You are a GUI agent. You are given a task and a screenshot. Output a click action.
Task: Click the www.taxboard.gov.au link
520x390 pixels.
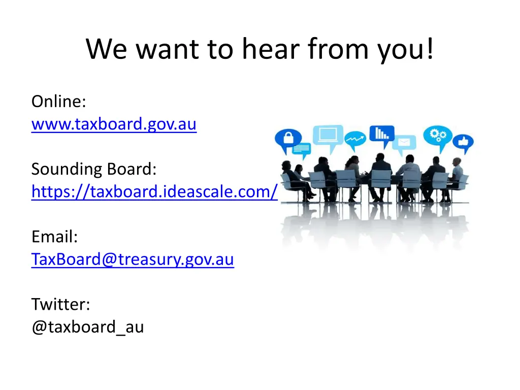(114, 124)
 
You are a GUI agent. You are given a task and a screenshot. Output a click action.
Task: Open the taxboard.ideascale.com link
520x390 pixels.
(154, 192)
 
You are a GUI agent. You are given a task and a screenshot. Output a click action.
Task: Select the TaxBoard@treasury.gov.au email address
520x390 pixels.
(133, 259)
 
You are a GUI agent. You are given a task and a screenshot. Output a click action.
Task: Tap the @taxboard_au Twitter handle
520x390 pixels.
(87, 327)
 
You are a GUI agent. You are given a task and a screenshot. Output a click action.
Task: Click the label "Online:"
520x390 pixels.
(58, 102)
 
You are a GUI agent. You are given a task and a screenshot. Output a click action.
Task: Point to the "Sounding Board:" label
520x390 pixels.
(94, 169)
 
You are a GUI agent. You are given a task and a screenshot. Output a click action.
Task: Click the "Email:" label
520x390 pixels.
(54, 237)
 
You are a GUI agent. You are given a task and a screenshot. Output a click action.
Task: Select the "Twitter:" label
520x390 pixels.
(61, 304)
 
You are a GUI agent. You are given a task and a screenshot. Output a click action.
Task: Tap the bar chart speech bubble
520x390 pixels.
(381, 134)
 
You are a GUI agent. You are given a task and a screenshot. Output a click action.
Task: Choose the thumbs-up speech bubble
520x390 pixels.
(463, 143)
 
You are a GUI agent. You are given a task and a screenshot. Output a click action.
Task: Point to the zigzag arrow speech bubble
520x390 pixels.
(355, 138)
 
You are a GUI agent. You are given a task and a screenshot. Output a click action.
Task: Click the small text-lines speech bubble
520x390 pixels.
(301, 149)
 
